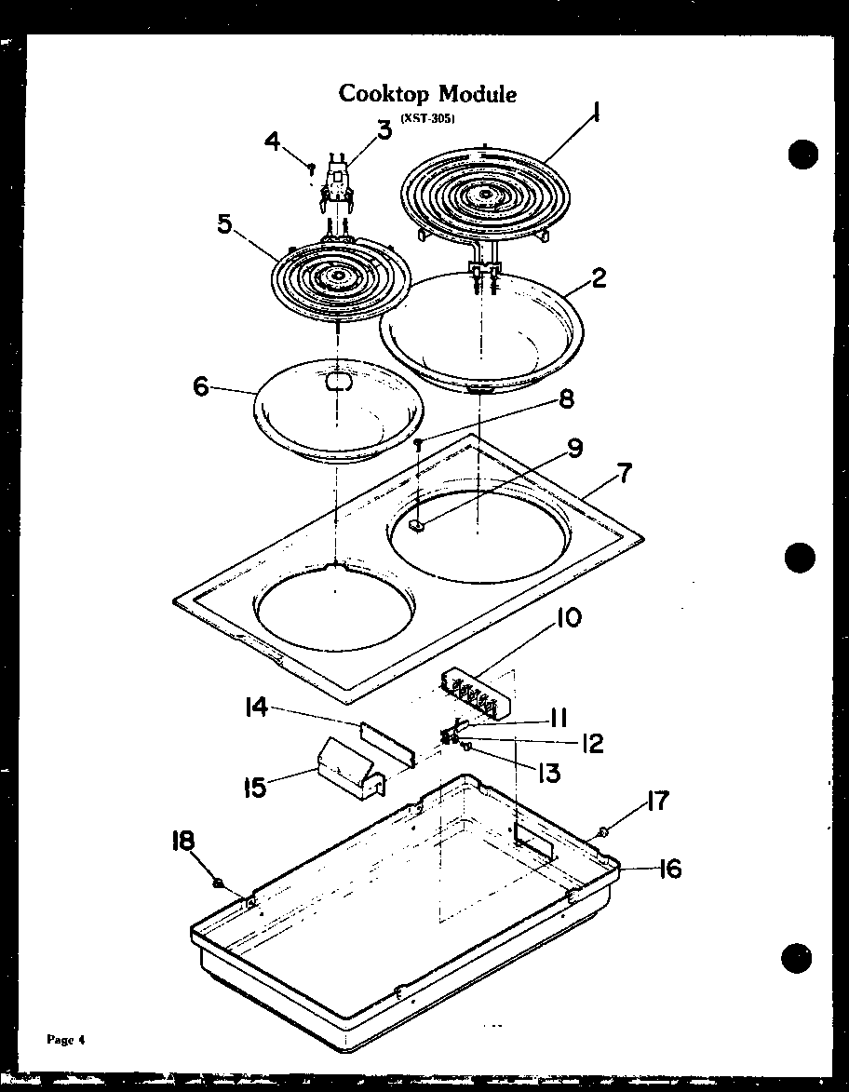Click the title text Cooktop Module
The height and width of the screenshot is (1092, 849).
[x=427, y=94]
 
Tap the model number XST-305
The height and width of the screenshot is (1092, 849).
[x=427, y=118]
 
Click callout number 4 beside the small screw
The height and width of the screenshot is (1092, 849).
[x=272, y=142]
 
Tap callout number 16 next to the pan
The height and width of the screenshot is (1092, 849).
[x=668, y=869]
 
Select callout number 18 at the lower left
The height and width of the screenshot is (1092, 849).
[x=182, y=842]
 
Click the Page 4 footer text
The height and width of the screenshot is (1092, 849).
[x=66, y=1040]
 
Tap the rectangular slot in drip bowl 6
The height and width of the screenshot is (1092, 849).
[x=337, y=382]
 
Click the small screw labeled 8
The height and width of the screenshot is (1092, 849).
[x=420, y=446]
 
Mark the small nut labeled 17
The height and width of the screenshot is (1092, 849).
[x=604, y=830]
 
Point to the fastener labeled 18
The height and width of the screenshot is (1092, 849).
[x=218, y=883]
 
